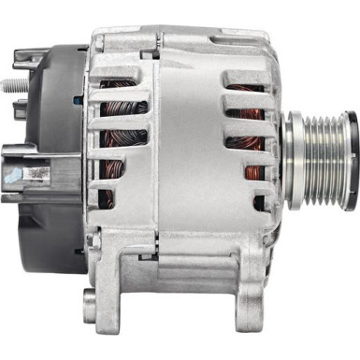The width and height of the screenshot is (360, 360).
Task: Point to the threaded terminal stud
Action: (11, 87)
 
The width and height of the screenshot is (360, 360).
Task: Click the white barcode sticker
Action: (35, 174)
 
